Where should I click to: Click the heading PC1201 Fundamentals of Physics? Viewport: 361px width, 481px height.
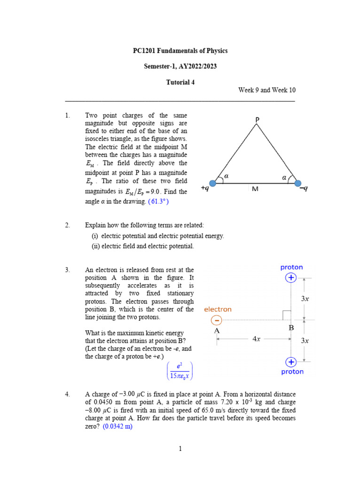click(180, 51)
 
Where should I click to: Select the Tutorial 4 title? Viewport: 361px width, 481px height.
click(180, 82)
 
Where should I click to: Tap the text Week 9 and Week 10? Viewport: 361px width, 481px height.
click(267, 90)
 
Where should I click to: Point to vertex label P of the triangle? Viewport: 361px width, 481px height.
click(257, 120)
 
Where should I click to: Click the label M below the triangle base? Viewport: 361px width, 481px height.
click(255, 188)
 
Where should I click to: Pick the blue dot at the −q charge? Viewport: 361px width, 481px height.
click(298, 183)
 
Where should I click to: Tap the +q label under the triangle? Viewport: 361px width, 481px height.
click(205, 188)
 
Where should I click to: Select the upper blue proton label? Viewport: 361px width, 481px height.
click(291, 267)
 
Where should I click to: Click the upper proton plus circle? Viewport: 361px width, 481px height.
click(291, 278)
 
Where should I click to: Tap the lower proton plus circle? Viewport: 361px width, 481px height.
click(291, 362)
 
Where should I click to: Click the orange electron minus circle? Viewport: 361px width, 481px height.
click(217, 320)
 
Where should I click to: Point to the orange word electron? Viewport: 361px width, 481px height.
click(218, 310)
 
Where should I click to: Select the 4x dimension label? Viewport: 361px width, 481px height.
click(257, 339)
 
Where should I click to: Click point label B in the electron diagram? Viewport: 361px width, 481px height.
click(291, 328)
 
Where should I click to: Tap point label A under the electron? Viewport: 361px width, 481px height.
click(217, 331)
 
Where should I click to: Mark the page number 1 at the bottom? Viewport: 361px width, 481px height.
click(180, 449)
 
